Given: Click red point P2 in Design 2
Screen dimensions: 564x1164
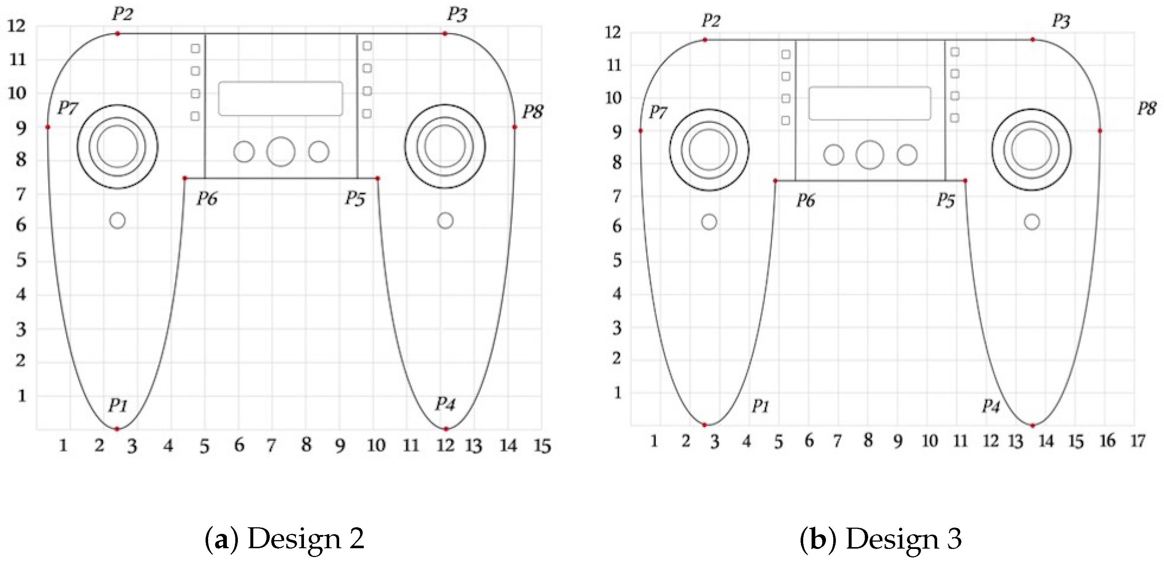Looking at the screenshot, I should click(117, 33).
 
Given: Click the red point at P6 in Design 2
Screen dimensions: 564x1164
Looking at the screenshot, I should click(184, 178).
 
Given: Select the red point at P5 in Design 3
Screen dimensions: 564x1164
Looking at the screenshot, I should click(965, 181).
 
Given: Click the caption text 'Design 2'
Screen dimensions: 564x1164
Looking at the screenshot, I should click(306, 539).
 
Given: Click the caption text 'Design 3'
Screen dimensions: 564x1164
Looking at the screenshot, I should click(903, 539).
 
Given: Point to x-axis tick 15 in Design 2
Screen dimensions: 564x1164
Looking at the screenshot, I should click(542, 446).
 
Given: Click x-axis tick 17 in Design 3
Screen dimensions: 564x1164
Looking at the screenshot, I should click(1138, 441).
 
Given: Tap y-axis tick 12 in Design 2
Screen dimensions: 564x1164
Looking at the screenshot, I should click(17, 26).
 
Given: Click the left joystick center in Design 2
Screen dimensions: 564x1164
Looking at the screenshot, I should click(117, 147).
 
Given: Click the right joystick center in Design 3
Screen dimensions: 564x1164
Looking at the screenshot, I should click(1031, 149).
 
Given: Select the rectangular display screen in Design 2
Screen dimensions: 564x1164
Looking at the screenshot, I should click(280, 98).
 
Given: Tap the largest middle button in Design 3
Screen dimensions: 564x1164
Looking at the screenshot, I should click(869, 155).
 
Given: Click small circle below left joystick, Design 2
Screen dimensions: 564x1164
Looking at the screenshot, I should click(117, 221).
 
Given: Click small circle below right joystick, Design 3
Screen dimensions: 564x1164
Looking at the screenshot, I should click(1031, 222).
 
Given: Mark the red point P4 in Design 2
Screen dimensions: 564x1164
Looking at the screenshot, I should click(446, 429).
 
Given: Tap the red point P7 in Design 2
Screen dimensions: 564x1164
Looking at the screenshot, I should click(48, 127).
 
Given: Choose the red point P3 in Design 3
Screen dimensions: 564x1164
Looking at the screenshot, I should click(1033, 40).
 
